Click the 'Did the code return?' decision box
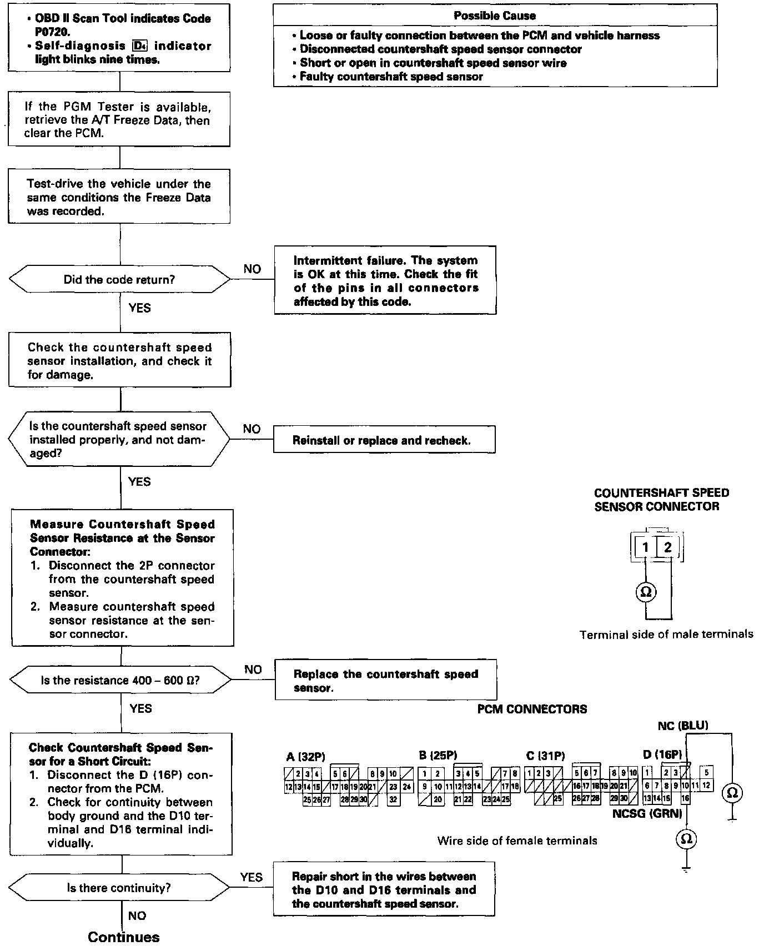119,279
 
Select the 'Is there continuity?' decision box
119,888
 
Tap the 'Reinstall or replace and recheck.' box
384,440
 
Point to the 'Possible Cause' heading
495,16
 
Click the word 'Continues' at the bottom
124,937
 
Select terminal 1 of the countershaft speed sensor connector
645,547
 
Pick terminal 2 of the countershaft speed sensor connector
668,547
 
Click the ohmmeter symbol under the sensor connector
646,592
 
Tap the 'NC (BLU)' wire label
683,725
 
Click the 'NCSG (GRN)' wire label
647,814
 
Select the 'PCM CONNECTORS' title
532,709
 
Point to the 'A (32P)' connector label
305,756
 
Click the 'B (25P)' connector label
438,755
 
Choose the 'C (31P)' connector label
545,756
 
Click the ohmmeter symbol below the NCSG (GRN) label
686,839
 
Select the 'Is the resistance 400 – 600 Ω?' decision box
120,680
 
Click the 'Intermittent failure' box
385,280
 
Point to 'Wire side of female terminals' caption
517,841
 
